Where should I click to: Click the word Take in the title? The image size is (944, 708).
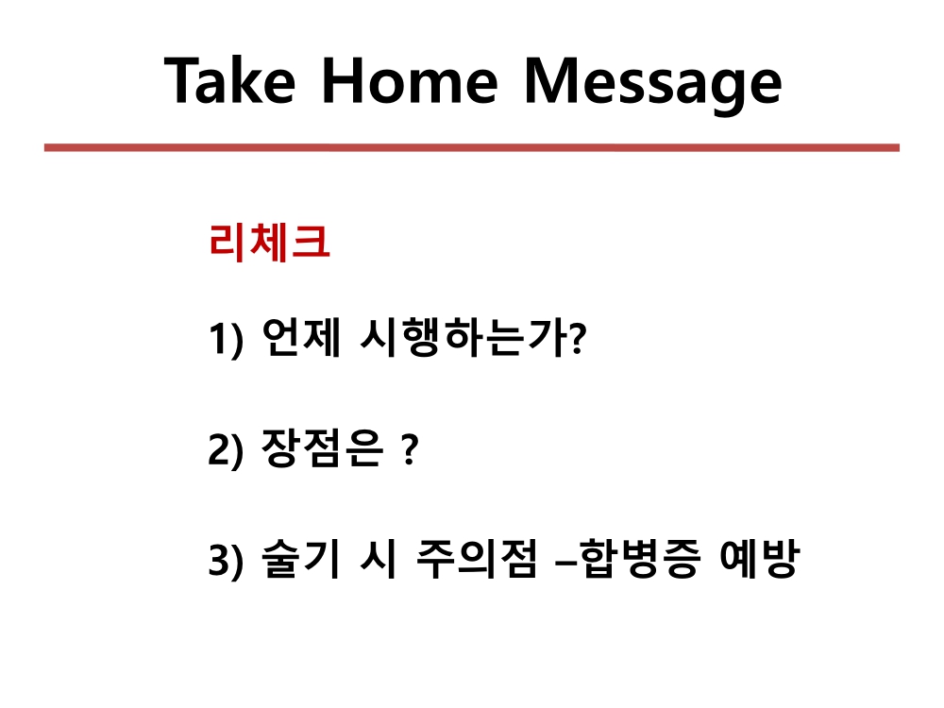point(229,80)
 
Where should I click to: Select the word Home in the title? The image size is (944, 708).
point(410,80)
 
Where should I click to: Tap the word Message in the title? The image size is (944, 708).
point(653,85)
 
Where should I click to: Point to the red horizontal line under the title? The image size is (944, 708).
point(471,147)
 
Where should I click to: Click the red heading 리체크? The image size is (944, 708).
point(269,242)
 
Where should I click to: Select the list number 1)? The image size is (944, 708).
point(226,340)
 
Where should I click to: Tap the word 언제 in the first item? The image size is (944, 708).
point(302,337)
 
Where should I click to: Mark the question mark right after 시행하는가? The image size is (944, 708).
point(577,339)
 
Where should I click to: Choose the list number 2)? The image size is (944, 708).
point(226,449)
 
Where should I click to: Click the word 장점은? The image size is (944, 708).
point(322,447)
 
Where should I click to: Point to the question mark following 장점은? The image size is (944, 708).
point(410,449)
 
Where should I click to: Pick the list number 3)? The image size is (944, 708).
point(226,560)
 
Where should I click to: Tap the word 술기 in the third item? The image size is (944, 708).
point(301,558)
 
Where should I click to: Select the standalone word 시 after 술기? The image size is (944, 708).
point(379,558)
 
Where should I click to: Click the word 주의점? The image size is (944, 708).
point(476,558)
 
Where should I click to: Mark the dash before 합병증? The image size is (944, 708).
point(565,565)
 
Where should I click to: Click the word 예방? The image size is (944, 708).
point(759,558)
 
